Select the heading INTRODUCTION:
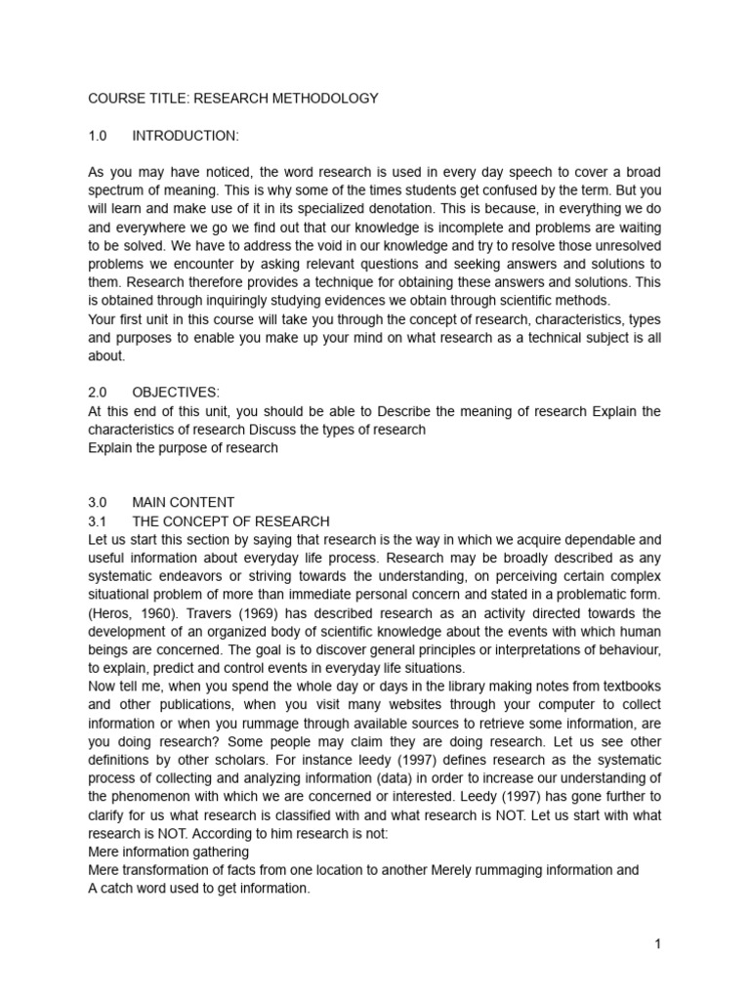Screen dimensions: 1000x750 pyautogui.click(x=185, y=135)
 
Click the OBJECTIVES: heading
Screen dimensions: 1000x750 pyautogui.click(x=176, y=393)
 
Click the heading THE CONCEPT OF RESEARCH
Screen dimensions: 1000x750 pyautogui.click(x=230, y=521)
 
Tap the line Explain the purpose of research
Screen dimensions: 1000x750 pyautogui.click(x=183, y=448)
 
